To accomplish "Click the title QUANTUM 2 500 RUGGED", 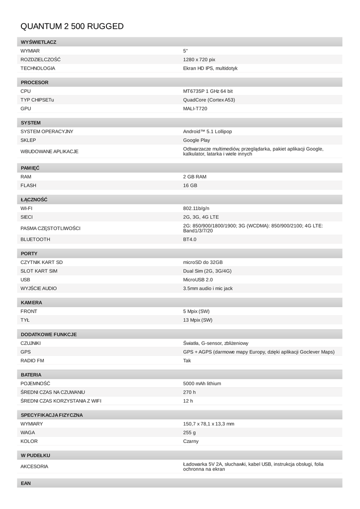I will coord(72,26).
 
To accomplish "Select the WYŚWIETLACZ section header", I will coord(38,42).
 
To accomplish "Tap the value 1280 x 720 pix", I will coord(199,60).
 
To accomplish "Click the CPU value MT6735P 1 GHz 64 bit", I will coord(208,91).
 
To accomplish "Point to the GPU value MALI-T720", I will coord(195,108).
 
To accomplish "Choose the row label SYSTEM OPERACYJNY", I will coord(47,131).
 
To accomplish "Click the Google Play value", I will coord(196,140).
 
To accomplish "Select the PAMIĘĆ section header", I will coord(30,168).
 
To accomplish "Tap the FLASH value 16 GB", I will coord(190,185).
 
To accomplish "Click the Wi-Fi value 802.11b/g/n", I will coord(196,208).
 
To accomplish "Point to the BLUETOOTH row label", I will coord(35,240).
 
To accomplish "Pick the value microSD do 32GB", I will coord(203,262).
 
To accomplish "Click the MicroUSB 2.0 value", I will coord(198,280).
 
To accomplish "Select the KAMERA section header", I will coord(31,302).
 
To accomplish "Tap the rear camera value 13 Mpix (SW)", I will coord(197,320).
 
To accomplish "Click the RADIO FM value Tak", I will coord(187,360).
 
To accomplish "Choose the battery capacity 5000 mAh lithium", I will coord(202,383).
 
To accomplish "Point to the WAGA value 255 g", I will coord(189,432).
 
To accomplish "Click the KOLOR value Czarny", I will coord(191,441).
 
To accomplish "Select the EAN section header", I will coord(26,483).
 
